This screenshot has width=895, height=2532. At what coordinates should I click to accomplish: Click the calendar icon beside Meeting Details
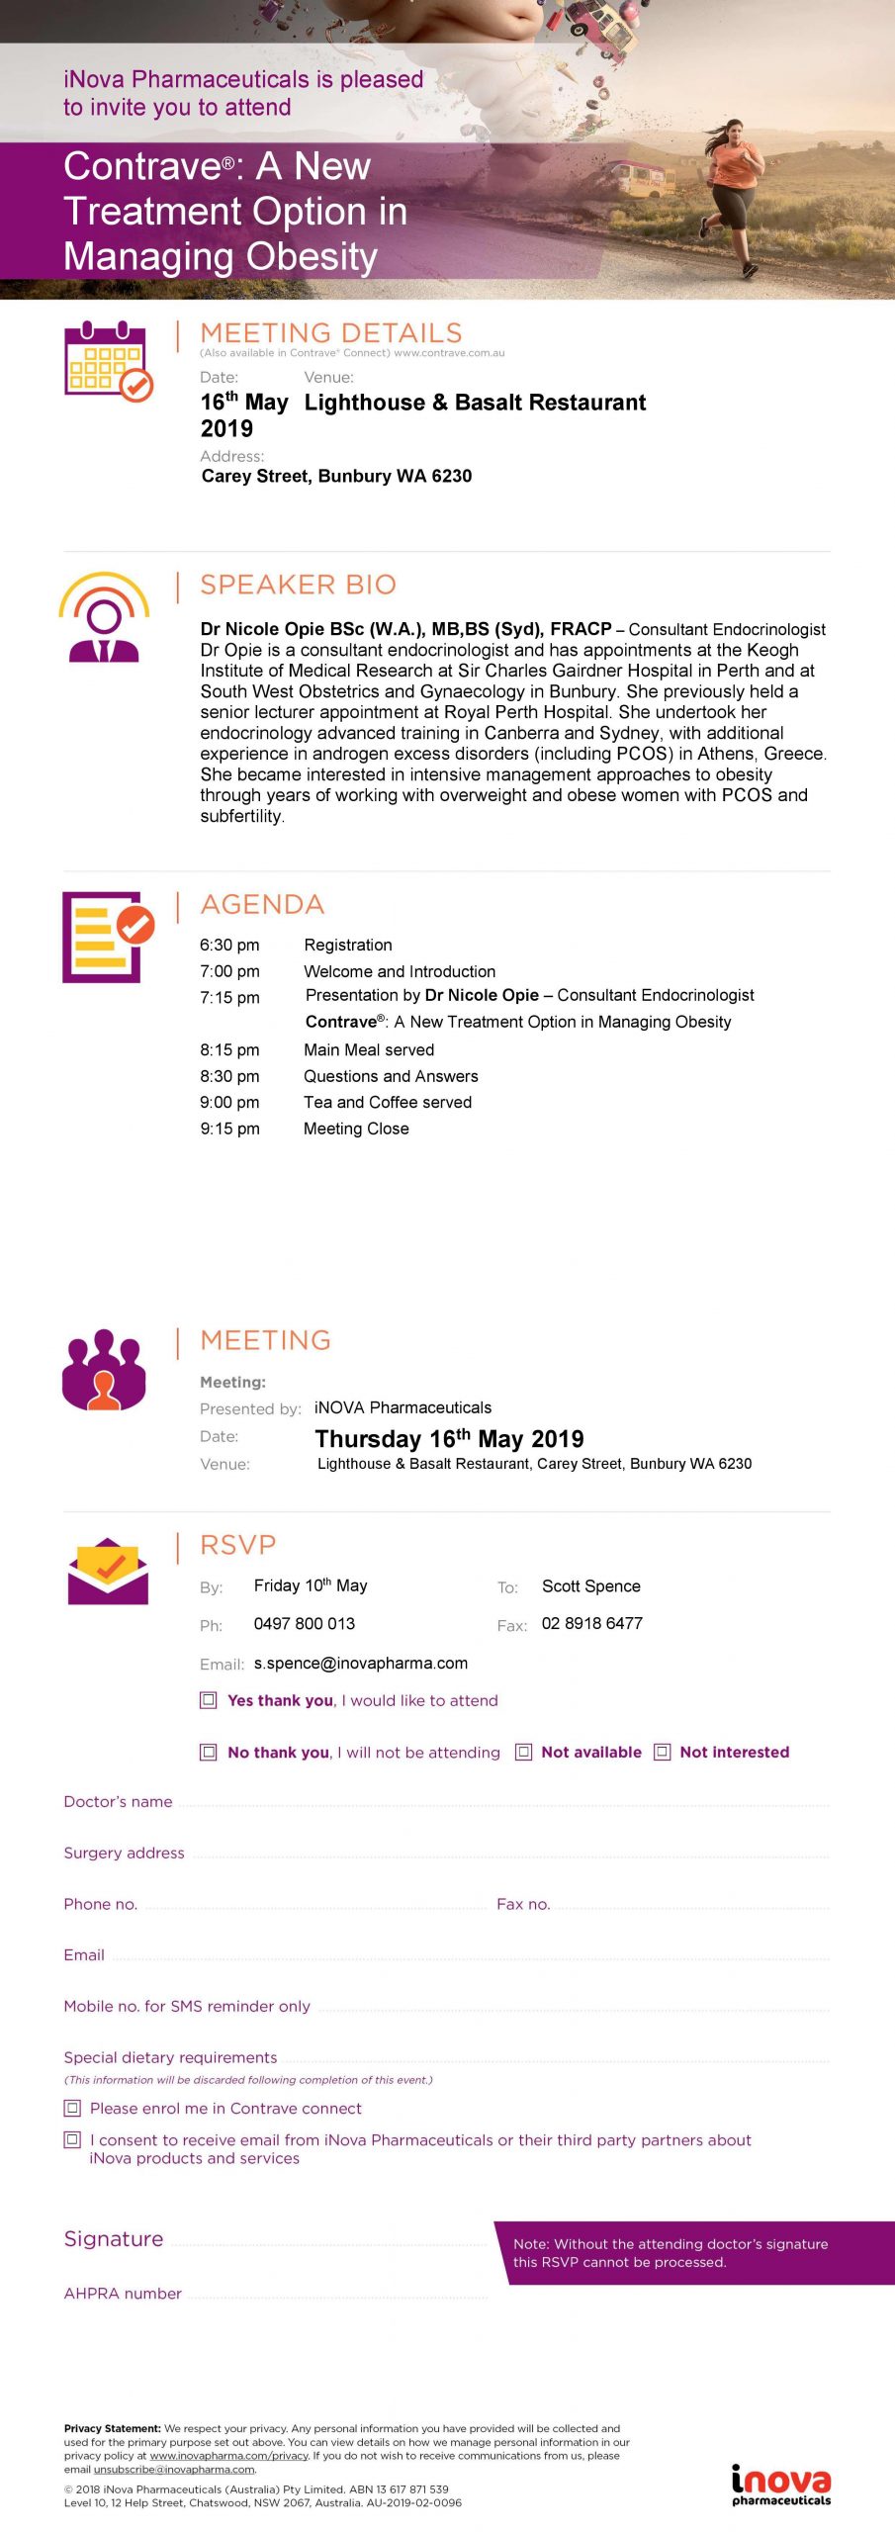click(x=108, y=361)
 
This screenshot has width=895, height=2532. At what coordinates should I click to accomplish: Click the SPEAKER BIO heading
click(x=298, y=585)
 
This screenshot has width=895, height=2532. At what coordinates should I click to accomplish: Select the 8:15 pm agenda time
click(x=229, y=1049)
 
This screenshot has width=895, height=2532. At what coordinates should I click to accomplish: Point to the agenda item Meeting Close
click(x=356, y=1129)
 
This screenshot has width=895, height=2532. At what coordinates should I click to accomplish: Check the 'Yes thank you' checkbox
click(x=209, y=1700)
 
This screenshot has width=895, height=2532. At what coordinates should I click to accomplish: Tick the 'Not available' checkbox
click(x=524, y=1752)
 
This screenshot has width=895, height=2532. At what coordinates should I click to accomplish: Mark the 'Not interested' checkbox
click(x=663, y=1752)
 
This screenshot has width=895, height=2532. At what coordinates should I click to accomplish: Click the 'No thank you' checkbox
click(x=209, y=1752)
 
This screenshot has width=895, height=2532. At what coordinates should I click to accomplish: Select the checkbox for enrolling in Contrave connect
click(x=72, y=2108)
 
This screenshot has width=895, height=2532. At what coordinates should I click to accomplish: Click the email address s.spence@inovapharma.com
click(x=361, y=1664)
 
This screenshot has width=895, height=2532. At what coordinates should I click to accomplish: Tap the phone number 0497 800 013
click(x=305, y=1623)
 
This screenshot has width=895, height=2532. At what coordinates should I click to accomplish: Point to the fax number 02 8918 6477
click(x=592, y=1623)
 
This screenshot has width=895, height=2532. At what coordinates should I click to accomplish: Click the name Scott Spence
click(x=591, y=1585)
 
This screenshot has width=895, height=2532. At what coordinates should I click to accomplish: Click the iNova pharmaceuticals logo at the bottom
click(x=781, y=2485)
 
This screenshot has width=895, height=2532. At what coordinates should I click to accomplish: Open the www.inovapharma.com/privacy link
click(x=229, y=2455)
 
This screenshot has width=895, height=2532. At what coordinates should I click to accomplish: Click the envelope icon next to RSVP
click(x=108, y=1572)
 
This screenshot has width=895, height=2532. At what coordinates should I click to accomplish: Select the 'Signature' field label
click(x=114, y=2238)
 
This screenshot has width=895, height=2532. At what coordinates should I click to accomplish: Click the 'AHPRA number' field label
click(x=123, y=2293)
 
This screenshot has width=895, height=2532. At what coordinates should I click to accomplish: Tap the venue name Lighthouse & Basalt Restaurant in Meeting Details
click(x=475, y=403)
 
